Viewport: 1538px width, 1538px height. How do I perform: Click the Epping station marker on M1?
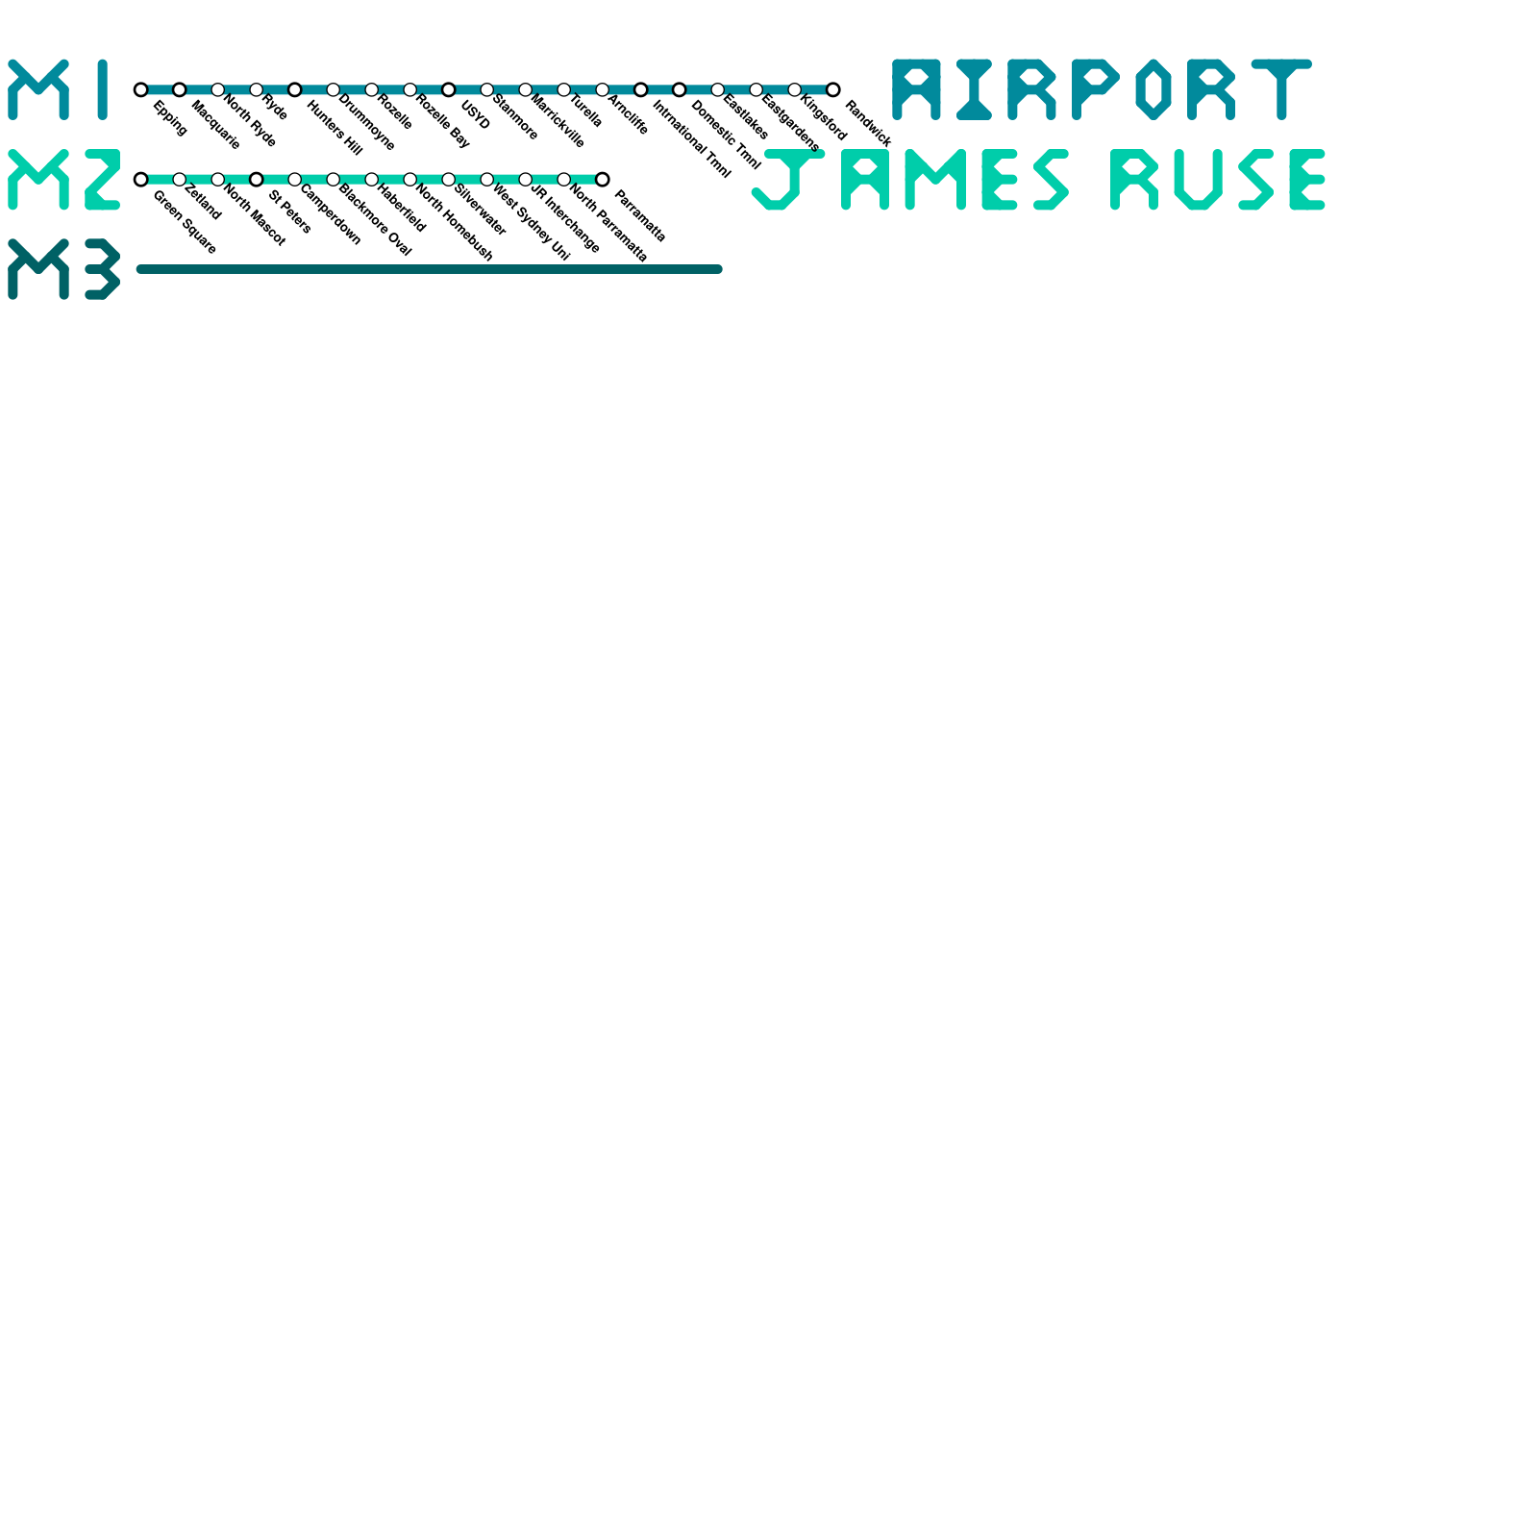click(x=141, y=89)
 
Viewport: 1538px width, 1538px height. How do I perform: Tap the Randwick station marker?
click(x=833, y=89)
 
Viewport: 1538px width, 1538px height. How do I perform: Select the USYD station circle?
click(x=449, y=89)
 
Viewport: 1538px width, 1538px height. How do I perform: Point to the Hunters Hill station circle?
click(x=295, y=89)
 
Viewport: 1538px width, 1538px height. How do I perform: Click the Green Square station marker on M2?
click(x=141, y=180)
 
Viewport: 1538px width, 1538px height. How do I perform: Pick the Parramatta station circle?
click(x=603, y=180)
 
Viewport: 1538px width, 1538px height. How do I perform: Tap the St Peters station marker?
click(x=257, y=180)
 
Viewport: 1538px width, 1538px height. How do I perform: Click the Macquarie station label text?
click(x=215, y=125)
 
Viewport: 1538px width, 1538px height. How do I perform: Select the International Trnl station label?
click(x=691, y=139)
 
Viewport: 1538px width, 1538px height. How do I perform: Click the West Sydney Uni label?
click(x=531, y=222)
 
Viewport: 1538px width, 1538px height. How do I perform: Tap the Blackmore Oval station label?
click(x=375, y=220)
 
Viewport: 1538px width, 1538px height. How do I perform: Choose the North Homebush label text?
click(x=454, y=222)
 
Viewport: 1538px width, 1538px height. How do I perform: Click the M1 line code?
click(x=60, y=89)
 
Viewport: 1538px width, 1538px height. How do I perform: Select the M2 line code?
click(x=63, y=180)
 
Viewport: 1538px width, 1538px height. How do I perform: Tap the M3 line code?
click(x=63, y=269)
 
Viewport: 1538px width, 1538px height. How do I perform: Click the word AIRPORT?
click(x=1102, y=89)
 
